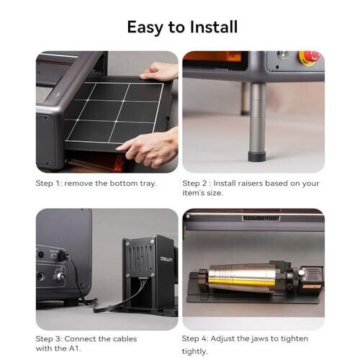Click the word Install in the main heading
(214, 27)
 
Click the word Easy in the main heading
(145, 28)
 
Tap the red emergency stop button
(310, 58)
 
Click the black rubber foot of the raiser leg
(257, 156)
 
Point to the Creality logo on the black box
(166, 259)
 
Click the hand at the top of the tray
(160, 71)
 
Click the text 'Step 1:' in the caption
(49, 184)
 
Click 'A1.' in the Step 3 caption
(74, 348)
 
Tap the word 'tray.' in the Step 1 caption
(148, 184)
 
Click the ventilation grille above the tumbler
(261, 218)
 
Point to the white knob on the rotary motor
(302, 273)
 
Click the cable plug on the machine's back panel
(63, 255)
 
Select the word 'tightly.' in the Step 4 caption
(194, 351)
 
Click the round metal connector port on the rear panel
(60, 276)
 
